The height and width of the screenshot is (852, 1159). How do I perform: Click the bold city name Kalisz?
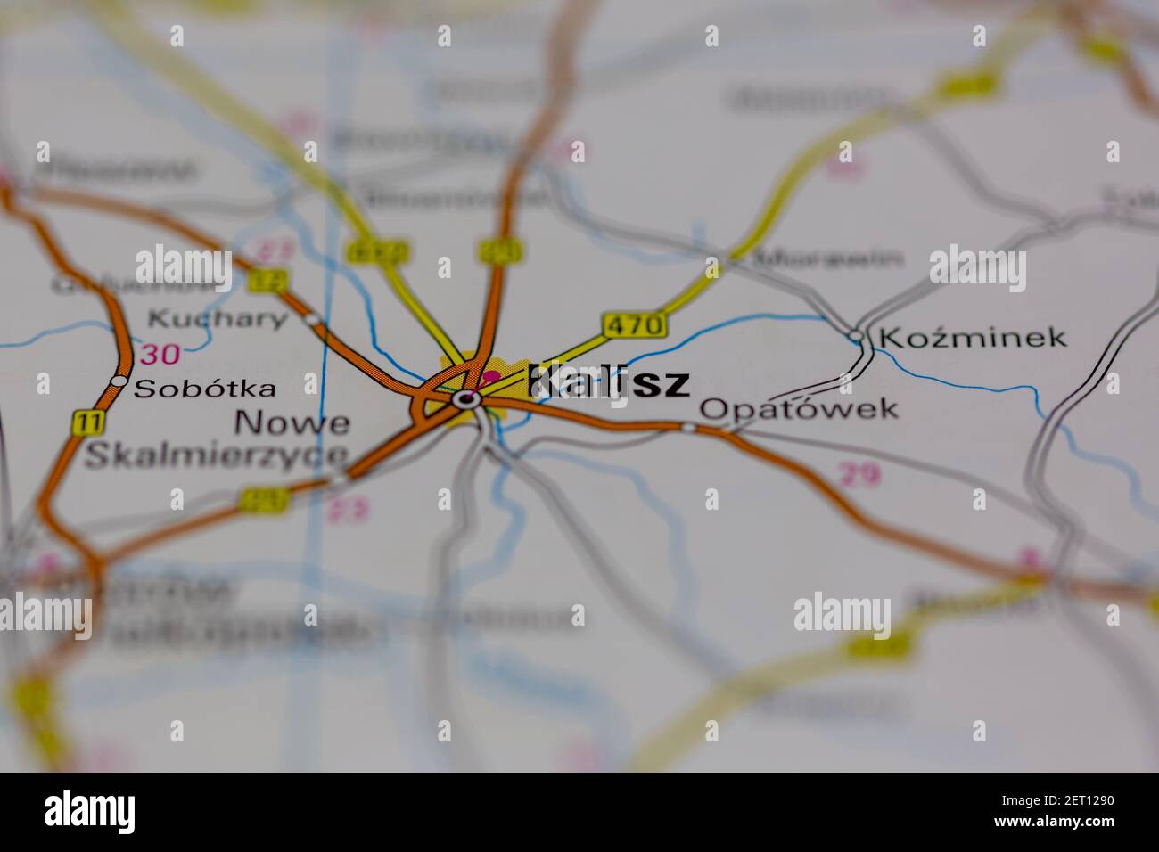coord(609,381)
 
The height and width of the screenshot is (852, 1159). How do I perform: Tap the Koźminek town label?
coord(972,337)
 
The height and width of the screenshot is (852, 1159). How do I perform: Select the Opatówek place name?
coord(798,409)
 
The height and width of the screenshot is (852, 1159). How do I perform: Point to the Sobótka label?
coord(204,389)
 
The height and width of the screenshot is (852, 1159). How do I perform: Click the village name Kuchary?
coord(218,318)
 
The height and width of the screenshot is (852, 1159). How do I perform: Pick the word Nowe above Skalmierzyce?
coord(292,422)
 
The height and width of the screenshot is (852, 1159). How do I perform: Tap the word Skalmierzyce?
coord(217,454)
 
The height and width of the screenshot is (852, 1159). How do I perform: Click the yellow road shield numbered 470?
coord(634,325)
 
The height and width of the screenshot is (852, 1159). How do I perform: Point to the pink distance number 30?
coord(160,354)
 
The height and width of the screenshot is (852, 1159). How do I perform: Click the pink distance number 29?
coord(860,475)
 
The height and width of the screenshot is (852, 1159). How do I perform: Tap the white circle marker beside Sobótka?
coord(119,381)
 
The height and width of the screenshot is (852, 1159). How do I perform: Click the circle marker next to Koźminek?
coord(856,336)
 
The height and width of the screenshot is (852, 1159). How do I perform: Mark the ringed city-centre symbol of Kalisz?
coord(465,399)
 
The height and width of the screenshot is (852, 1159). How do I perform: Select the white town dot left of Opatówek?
coord(688,428)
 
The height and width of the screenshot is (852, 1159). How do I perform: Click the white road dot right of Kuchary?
coord(311,318)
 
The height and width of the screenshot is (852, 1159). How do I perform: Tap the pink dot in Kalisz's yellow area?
coord(490,376)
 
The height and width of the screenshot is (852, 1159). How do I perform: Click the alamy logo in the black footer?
coord(90,811)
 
